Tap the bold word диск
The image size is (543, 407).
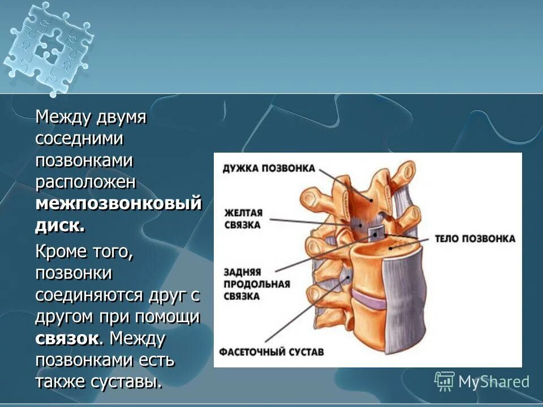60,226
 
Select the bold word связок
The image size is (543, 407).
68,339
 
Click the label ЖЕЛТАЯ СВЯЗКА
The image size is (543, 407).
243,219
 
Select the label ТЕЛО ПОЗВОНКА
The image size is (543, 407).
475,239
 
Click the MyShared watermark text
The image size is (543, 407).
493,382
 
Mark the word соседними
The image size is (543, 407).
80,139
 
